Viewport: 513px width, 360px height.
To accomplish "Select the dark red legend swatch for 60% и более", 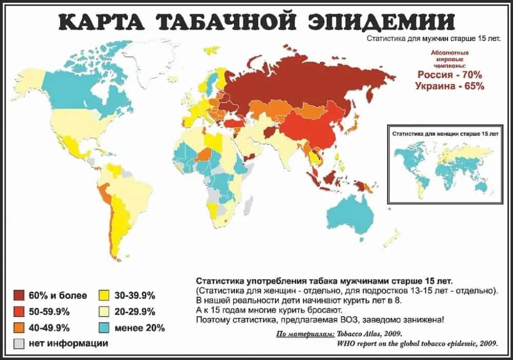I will [x=19, y=295].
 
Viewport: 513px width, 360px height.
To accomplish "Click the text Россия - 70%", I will [x=449, y=75].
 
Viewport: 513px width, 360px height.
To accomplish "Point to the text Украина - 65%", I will [x=449, y=86].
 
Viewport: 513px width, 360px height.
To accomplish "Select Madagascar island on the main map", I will [x=247, y=205].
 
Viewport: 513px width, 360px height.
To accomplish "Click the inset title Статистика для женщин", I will [x=445, y=133].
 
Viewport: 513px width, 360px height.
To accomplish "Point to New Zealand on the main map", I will [x=392, y=237].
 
